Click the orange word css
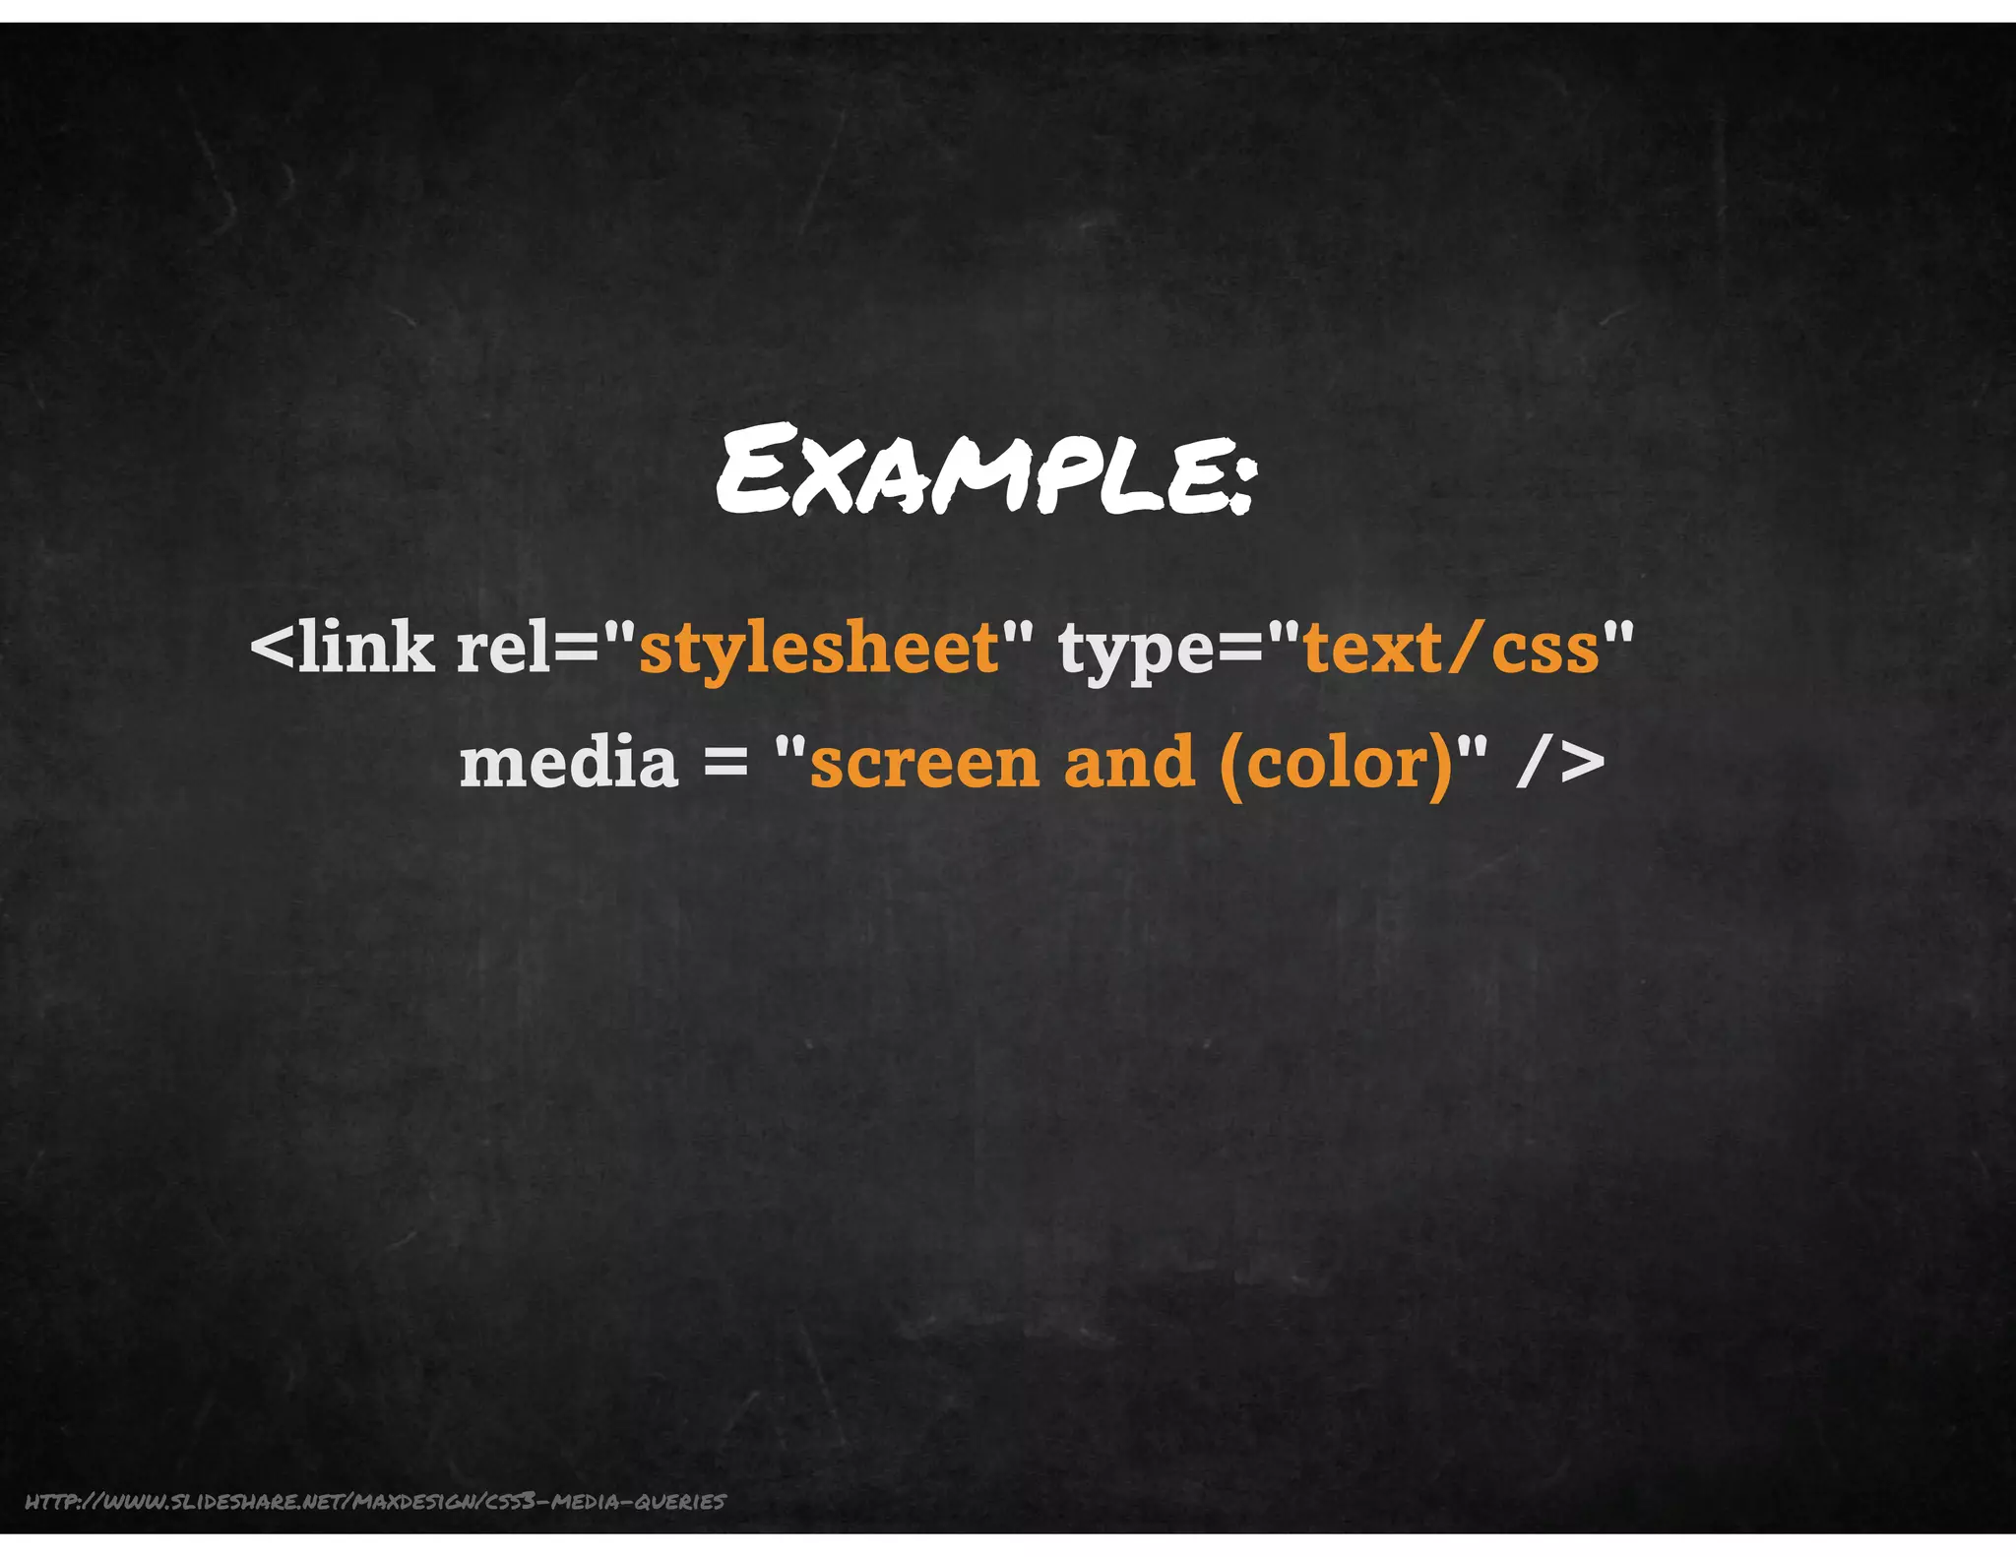coord(1545,652)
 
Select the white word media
coord(569,763)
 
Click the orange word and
coord(1129,763)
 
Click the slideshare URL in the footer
coord(375,1501)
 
